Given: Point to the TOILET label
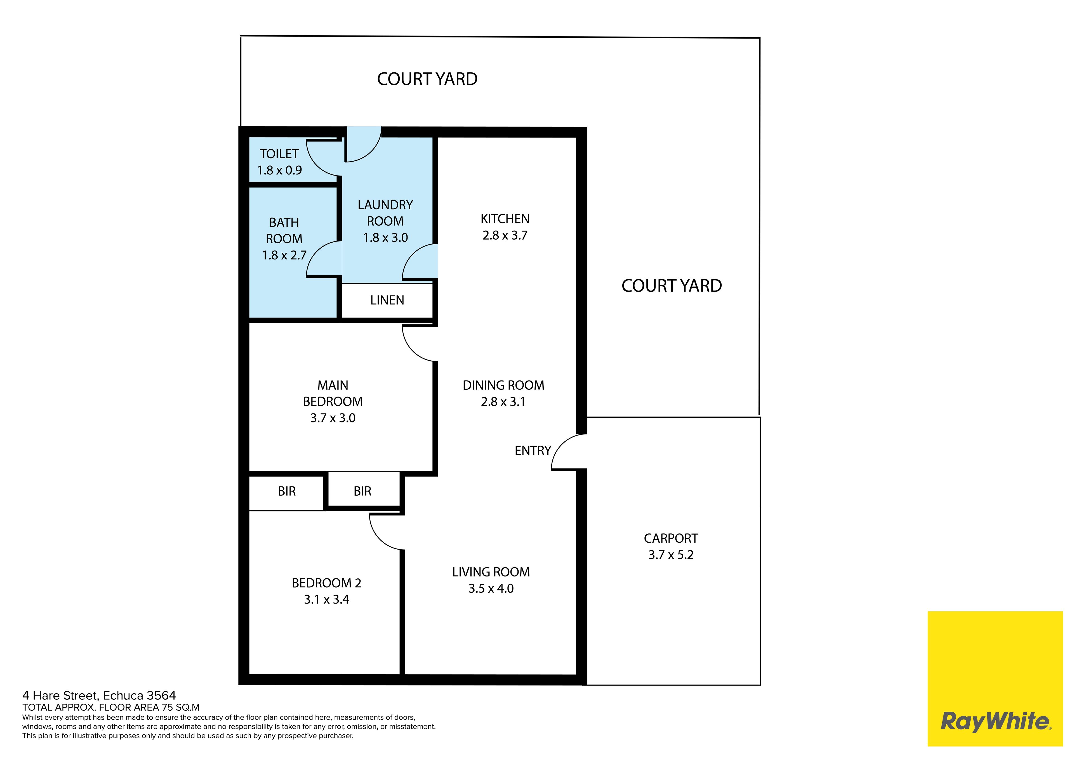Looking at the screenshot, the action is [x=279, y=154].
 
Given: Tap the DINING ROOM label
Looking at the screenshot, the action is [x=503, y=385].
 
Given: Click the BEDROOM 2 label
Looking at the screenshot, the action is [x=326, y=583].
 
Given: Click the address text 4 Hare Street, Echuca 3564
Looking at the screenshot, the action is [x=99, y=696].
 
